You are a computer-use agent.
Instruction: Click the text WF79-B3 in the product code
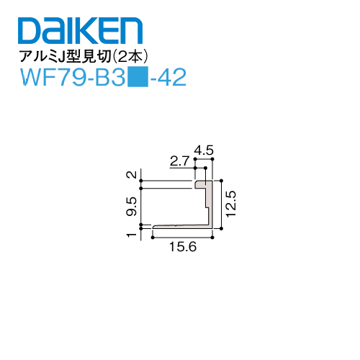point(71,77)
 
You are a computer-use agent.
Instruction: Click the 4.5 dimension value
point(204,150)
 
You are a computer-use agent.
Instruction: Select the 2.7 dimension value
point(179,162)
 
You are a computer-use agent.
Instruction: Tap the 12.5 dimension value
point(231,204)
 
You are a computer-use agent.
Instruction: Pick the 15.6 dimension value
point(183,247)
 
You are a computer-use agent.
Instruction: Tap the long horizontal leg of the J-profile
point(180,228)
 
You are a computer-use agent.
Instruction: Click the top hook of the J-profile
point(202,184)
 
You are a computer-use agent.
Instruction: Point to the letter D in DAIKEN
point(27,33)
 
